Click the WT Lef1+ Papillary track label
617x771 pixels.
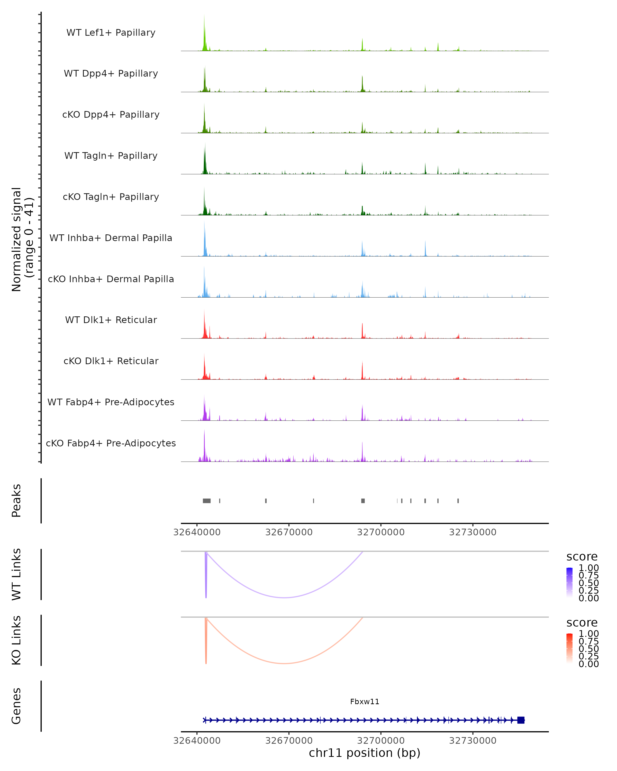pyautogui.click(x=111, y=33)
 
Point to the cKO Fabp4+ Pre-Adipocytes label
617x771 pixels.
pyautogui.click(x=111, y=443)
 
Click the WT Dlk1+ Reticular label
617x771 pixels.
pyautogui.click(x=111, y=320)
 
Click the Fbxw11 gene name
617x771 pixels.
pyautogui.click(x=365, y=702)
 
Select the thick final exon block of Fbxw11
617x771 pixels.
pyautogui.click(x=521, y=720)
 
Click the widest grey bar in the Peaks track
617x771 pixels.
pyautogui.click(x=206, y=501)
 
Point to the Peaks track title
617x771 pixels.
pyautogui.click(x=16, y=501)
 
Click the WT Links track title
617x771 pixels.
pyautogui.click(x=16, y=574)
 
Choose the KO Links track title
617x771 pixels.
pyautogui.click(x=16, y=640)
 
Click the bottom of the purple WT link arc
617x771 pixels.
pyautogui.click(x=284, y=598)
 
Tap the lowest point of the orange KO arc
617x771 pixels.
pyautogui.click(x=284, y=663)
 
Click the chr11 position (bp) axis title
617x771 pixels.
pyautogui.click(x=365, y=753)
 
